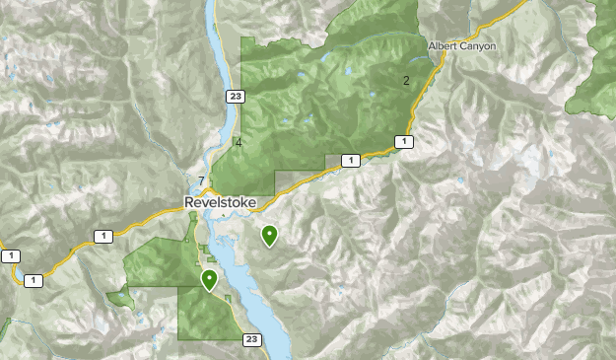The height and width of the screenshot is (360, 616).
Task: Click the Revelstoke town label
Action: point(220,202)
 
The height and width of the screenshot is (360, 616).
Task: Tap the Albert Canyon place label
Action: point(461,46)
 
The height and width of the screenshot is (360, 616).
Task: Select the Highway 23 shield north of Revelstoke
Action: point(234,96)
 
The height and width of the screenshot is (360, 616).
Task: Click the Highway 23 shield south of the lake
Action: point(252,339)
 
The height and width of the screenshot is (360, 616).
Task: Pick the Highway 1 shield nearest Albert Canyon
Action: point(403,142)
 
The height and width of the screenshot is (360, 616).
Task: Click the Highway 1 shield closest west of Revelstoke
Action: point(103,236)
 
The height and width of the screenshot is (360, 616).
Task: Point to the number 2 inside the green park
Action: point(405,80)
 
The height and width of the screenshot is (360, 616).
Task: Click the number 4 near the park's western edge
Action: point(239,143)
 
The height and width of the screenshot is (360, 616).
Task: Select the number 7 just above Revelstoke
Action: point(201,180)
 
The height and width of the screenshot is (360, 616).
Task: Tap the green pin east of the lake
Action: point(269,236)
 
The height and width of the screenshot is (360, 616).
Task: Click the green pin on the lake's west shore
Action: point(209,280)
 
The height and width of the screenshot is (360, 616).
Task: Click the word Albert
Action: point(444,46)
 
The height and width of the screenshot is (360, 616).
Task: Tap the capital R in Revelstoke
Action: point(189,202)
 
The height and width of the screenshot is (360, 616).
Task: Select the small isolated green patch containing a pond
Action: point(119,295)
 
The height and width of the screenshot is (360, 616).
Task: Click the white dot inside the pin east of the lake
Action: point(269,233)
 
